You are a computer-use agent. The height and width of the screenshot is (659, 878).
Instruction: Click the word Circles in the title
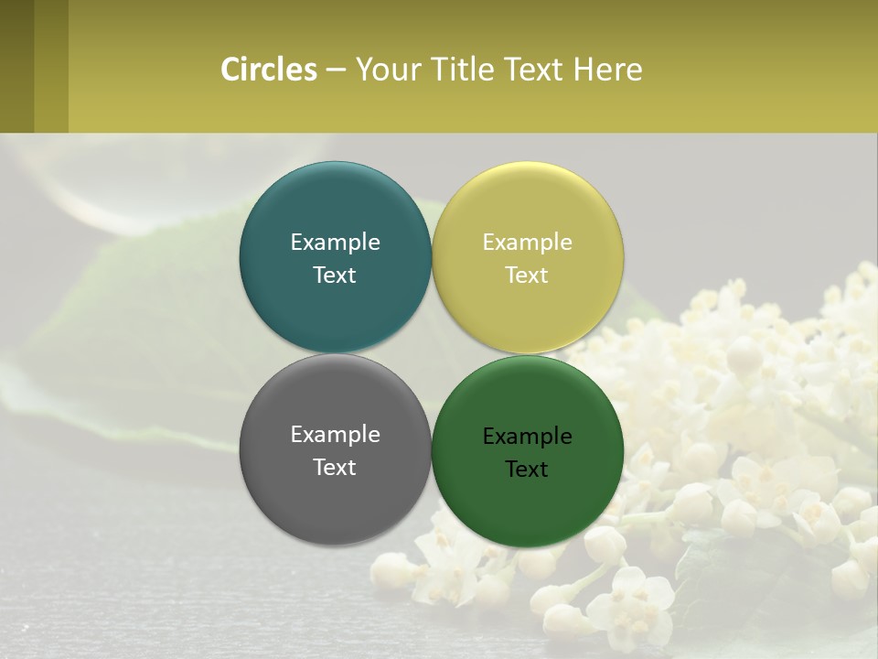pos(269,70)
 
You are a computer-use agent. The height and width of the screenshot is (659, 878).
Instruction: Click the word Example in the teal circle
pos(335,242)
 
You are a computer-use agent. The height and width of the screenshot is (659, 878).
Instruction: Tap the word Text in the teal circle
pos(335,275)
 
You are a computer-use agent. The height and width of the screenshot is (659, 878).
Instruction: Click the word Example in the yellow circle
pos(527,242)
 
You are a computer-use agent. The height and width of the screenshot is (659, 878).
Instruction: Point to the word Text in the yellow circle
pos(527,275)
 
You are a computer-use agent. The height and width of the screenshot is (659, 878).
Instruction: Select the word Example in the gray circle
pos(335,434)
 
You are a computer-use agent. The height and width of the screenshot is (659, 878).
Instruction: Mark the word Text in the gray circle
pos(335,467)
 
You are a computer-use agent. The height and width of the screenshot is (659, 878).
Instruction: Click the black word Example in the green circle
pos(527,436)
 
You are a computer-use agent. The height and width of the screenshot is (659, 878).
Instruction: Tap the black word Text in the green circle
pos(527,469)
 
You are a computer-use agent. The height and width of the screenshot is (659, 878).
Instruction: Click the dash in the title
pos(336,70)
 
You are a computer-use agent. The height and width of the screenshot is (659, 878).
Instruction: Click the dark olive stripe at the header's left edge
pos(16,66)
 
